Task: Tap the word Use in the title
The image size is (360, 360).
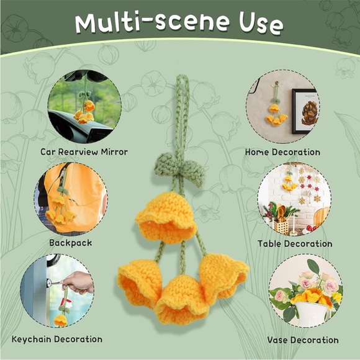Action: coord(261,24)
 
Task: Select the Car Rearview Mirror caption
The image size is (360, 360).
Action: coord(84,152)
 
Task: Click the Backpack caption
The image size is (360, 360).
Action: coord(71,243)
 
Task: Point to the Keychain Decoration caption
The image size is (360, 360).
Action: coord(57,339)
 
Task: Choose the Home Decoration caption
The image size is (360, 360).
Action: coord(282,152)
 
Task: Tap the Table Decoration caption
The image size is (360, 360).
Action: coord(295,243)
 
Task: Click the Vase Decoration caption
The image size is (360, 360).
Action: coord(303,340)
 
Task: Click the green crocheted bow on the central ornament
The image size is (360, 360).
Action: coord(179,168)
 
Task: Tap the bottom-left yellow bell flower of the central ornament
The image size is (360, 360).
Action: coord(139,282)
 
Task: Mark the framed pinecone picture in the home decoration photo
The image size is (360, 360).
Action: coord(306,111)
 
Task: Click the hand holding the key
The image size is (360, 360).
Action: coord(78,282)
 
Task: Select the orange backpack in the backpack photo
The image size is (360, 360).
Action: coord(76,197)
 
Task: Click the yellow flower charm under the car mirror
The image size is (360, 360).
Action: coord(84,112)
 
